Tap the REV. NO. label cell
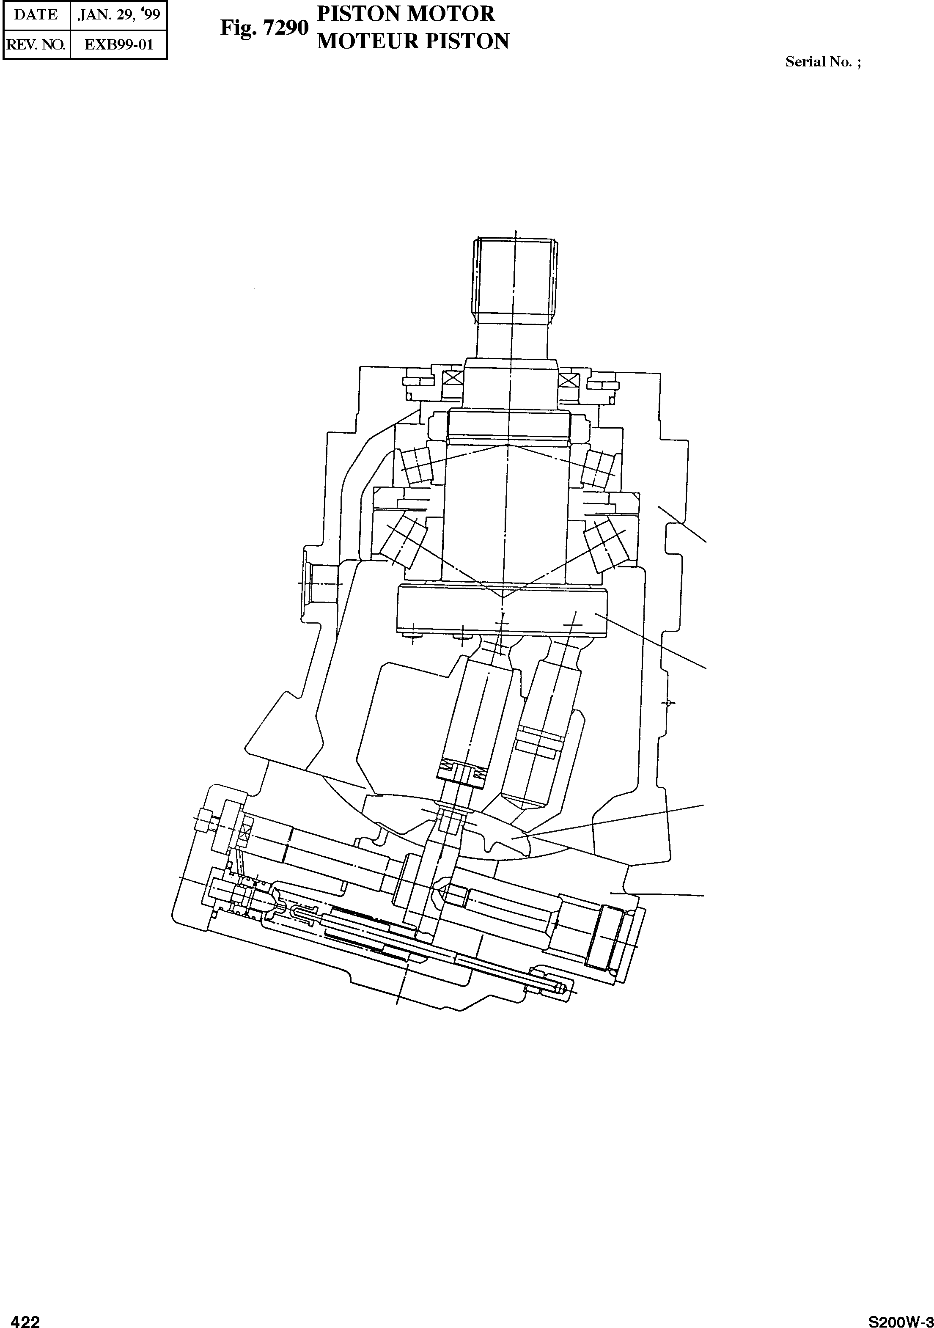(x=36, y=44)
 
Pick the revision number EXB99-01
(x=118, y=44)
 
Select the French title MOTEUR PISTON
(x=413, y=41)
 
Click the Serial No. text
(x=822, y=62)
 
